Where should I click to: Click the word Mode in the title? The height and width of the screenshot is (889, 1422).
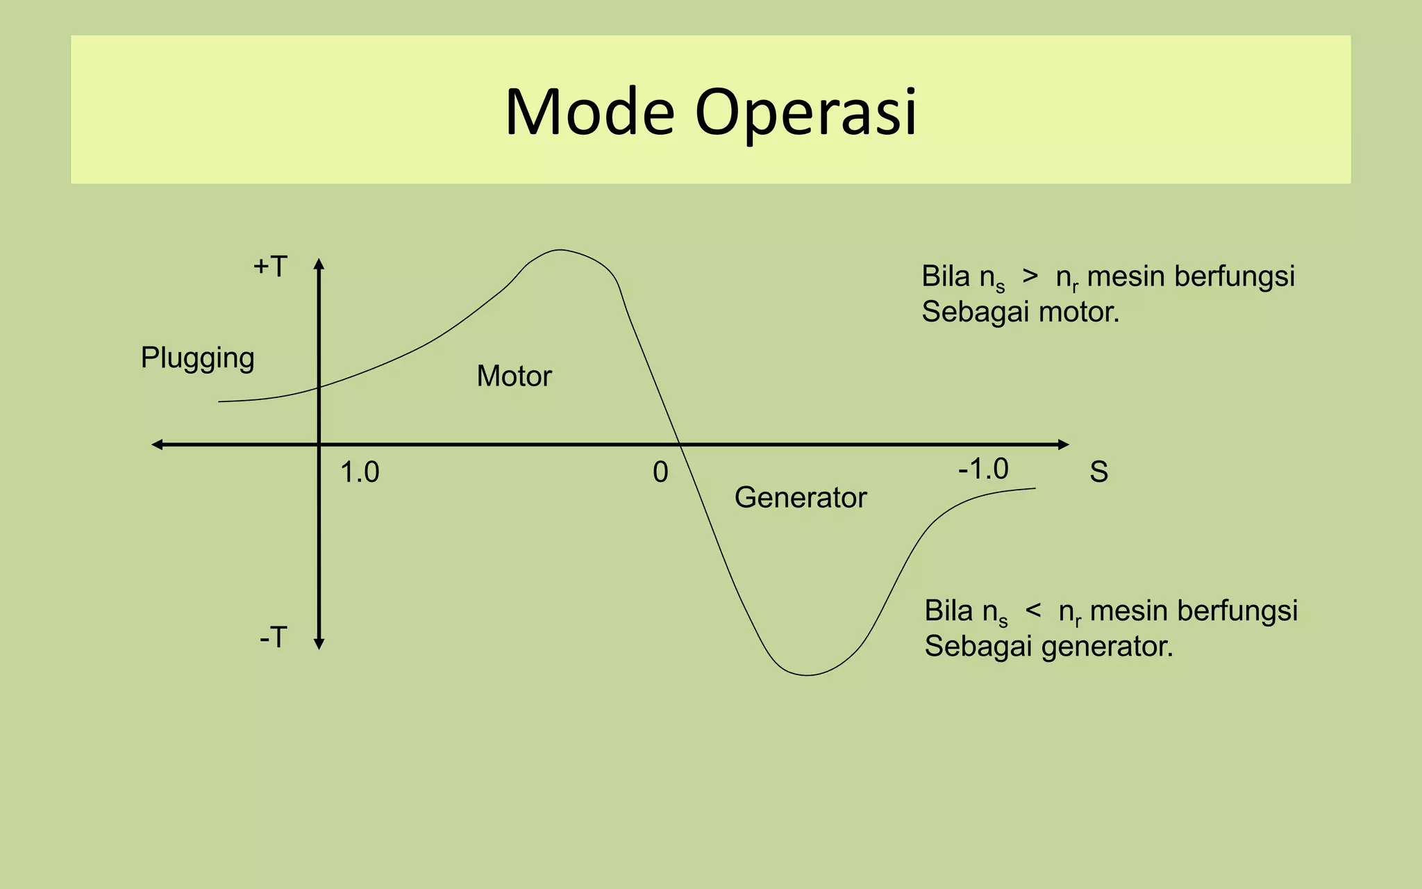pyautogui.click(x=589, y=113)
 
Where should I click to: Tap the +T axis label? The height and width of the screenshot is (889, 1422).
pyautogui.click(x=270, y=267)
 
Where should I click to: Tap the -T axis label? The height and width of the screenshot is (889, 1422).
pyautogui.click(x=273, y=638)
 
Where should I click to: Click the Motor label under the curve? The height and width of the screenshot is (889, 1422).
pyautogui.click(x=514, y=376)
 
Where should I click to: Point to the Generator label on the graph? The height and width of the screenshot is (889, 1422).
pyautogui.click(x=801, y=498)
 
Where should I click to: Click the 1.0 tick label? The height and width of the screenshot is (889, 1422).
pyautogui.click(x=360, y=473)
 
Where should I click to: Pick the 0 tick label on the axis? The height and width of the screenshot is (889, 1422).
pyautogui.click(x=660, y=473)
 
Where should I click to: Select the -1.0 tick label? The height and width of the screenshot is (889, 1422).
pyautogui.click(x=983, y=470)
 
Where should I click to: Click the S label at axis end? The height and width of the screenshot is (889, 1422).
pyautogui.click(x=1098, y=473)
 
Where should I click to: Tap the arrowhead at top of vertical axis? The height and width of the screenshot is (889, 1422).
pyautogui.click(x=319, y=263)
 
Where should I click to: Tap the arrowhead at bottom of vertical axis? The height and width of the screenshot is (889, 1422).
pyautogui.click(x=319, y=645)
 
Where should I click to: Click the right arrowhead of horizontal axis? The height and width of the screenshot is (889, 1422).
pyautogui.click(x=1064, y=444)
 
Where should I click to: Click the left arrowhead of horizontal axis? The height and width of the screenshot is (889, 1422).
pyautogui.click(x=158, y=444)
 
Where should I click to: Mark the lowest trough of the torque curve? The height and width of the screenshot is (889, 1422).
pyautogui.click(x=807, y=674)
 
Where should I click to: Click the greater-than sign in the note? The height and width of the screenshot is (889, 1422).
pyautogui.click(x=1030, y=276)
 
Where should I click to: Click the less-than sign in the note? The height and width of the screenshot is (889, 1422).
pyautogui.click(x=1033, y=610)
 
